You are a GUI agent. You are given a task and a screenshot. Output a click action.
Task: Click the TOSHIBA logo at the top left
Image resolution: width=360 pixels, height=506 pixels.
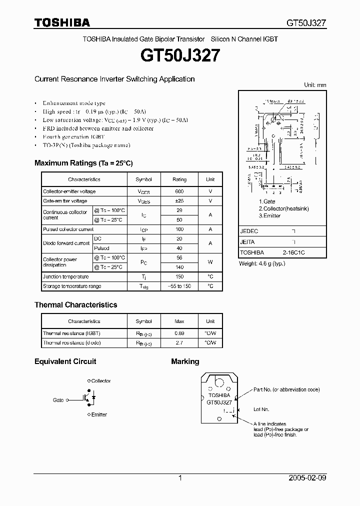62,22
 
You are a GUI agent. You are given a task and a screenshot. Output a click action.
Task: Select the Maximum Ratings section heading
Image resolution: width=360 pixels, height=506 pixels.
83,163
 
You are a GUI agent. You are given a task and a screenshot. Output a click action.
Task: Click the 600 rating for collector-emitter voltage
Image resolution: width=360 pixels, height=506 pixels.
179,191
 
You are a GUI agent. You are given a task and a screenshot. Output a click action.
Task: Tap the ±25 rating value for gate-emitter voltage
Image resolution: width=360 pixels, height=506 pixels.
179,201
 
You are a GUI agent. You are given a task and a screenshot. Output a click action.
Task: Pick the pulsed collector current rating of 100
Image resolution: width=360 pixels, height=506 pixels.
179,229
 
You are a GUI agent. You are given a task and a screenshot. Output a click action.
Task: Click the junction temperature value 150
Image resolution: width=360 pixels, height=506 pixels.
179,276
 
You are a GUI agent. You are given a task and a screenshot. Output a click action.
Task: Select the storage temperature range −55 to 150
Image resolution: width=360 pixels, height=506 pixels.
179,286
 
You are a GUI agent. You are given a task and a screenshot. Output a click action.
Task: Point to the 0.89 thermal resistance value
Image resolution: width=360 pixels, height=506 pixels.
179,333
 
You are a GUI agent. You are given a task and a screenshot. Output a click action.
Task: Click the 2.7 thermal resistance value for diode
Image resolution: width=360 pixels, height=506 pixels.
179,342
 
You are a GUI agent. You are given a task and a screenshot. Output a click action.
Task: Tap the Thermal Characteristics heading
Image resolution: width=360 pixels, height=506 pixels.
75,304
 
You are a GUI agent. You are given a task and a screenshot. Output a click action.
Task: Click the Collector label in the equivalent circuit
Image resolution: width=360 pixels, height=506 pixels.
101,381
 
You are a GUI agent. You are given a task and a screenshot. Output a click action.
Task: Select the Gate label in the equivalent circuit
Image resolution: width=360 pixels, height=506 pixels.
58,400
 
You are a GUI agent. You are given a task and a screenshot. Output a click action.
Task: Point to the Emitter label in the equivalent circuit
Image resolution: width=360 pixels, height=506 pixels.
99,414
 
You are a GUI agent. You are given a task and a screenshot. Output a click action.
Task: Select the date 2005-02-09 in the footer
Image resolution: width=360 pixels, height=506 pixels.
307,478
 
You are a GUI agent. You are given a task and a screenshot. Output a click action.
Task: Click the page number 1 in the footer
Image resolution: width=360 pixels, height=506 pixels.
179,478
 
